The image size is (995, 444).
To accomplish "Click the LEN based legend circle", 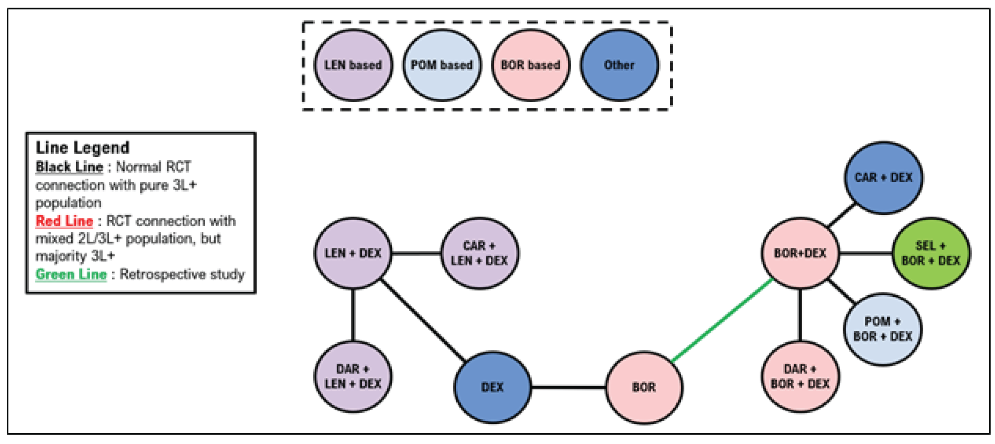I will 353,65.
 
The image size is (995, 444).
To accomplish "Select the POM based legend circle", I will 441,65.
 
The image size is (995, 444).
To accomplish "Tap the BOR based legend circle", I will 530,65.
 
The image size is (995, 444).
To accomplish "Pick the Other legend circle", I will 619,65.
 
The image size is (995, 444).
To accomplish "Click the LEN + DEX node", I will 353,253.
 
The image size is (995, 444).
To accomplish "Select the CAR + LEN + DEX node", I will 479,253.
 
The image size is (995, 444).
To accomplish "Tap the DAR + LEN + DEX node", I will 353,376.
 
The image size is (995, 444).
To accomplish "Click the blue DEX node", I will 492,387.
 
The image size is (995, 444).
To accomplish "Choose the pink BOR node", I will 644,387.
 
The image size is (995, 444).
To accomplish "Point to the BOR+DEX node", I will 800,253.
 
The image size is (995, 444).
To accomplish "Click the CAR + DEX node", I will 883,178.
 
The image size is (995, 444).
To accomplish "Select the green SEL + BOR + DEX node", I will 930,253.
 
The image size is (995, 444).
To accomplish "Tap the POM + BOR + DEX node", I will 883,329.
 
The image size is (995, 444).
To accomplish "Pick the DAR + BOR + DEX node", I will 800,376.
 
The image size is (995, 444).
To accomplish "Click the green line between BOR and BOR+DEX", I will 722,320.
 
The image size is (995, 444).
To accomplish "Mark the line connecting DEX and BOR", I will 568,387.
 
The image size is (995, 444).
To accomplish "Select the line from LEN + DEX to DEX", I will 423,320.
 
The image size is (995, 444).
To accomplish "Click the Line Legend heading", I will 82,148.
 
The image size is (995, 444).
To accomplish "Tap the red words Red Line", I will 65,221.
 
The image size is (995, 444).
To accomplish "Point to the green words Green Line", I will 71,274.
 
